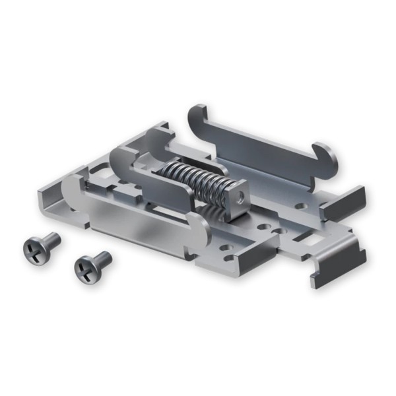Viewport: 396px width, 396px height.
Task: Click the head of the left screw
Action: [33, 249]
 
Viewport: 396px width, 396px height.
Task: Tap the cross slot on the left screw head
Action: [33, 249]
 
